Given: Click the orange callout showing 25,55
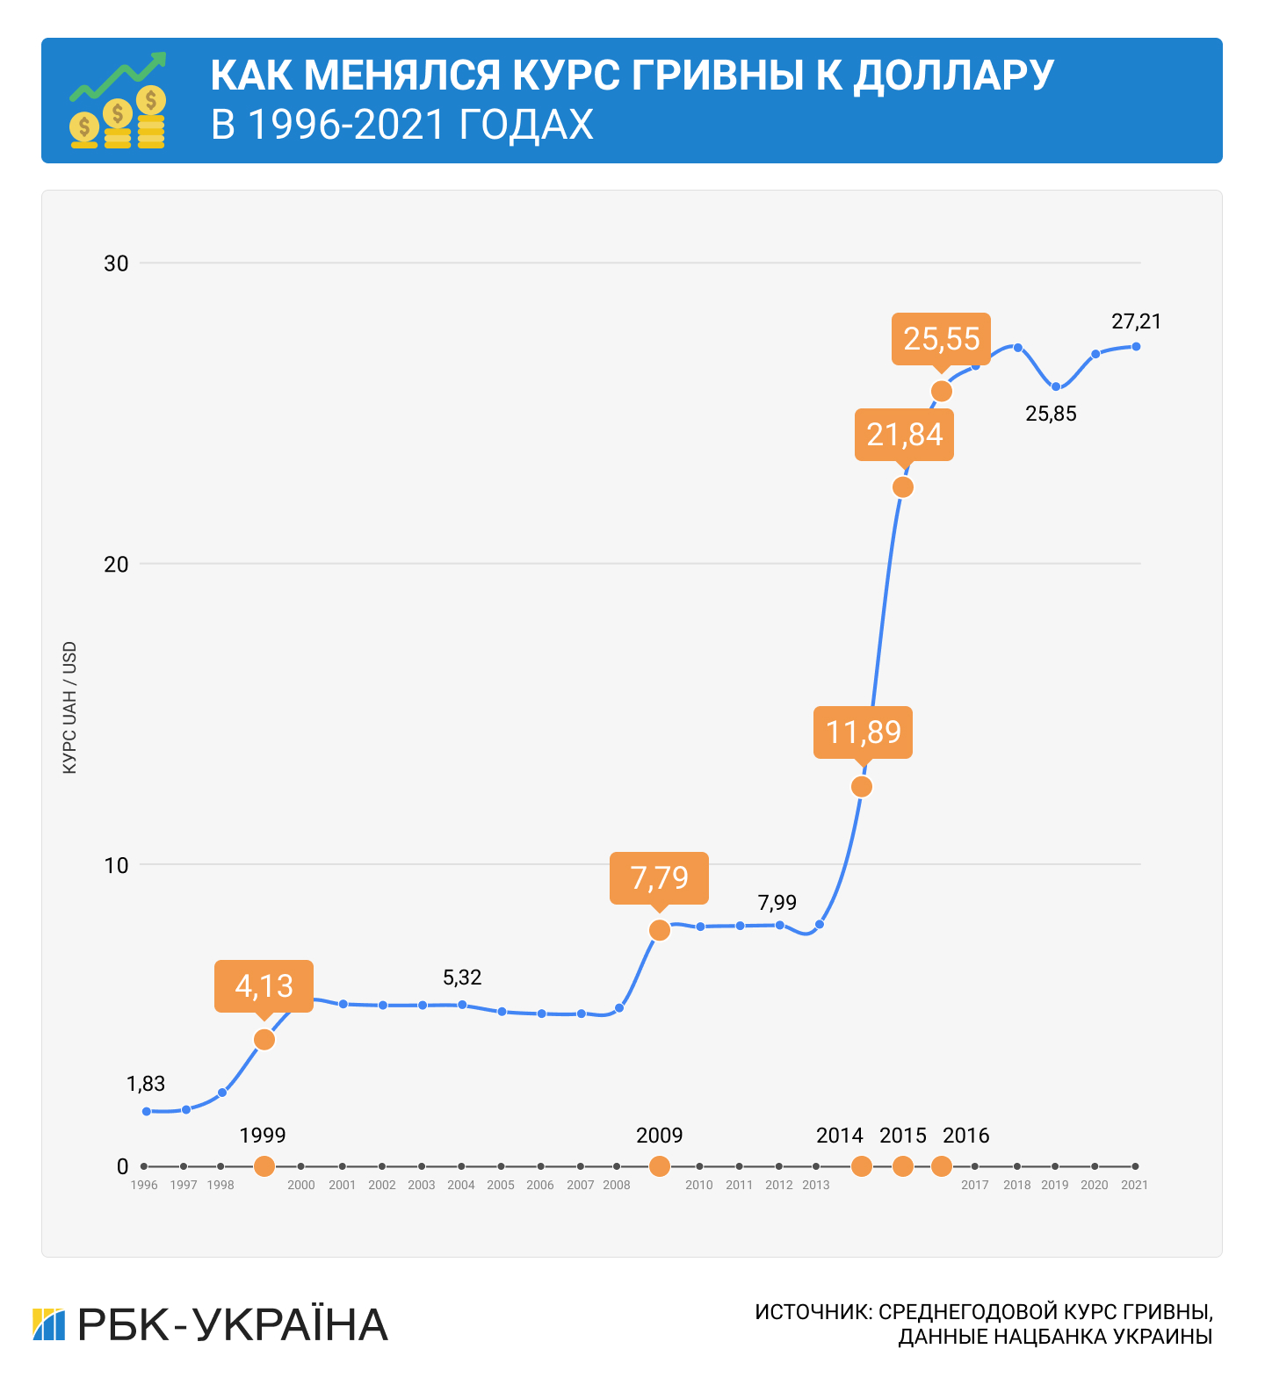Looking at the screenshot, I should pyautogui.click(x=941, y=338).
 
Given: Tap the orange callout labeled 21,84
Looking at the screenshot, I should pyautogui.click(x=904, y=434).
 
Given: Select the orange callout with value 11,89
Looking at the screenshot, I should pyautogui.click(x=864, y=732).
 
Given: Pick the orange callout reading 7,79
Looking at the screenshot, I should pyautogui.click(x=659, y=877).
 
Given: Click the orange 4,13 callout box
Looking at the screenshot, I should pyautogui.click(x=264, y=985).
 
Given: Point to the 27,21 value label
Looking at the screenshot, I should pyautogui.click(x=1136, y=321).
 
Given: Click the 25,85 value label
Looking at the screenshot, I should pyautogui.click(x=1051, y=414).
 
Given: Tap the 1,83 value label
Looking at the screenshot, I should pyautogui.click(x=146, y=1084).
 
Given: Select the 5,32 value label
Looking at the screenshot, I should pyautogui.click(x=462, y=977).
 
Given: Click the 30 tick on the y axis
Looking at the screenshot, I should pyautogui.click(x=116, y=263).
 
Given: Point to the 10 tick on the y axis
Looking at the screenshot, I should pyautogui.click(x=116, y=865).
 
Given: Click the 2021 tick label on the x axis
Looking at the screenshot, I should pyautogui.click(x=1134, y=1185).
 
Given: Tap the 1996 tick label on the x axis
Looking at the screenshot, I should pyautogui.click(x=144, y=1185).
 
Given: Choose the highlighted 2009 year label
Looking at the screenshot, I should pyautogui.click(x=659, y=1136).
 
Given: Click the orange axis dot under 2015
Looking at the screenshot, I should pyautogui.click(x=903, y=1166).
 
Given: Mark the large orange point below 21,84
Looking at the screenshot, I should pyautogui.click(x=903, y=487).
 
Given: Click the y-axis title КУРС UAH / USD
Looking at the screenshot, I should pyautogui.click(x=70, y=708).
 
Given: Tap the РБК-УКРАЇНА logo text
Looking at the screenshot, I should pyautogui.click(x=233, y=1324).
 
